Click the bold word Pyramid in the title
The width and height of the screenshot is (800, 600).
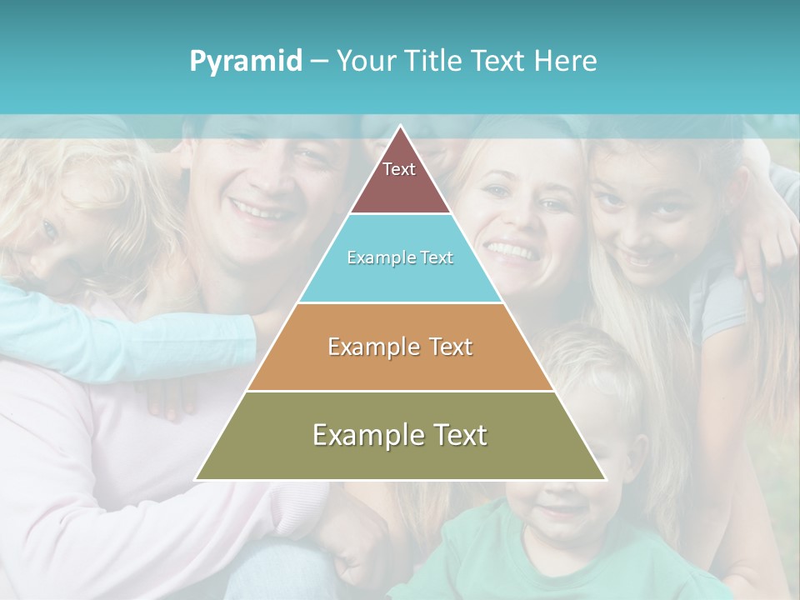(246, 62)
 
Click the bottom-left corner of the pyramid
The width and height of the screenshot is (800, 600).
(197, 479)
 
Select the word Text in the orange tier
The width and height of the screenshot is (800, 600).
(452, 347)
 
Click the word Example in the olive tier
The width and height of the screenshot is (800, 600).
(360, 435)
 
